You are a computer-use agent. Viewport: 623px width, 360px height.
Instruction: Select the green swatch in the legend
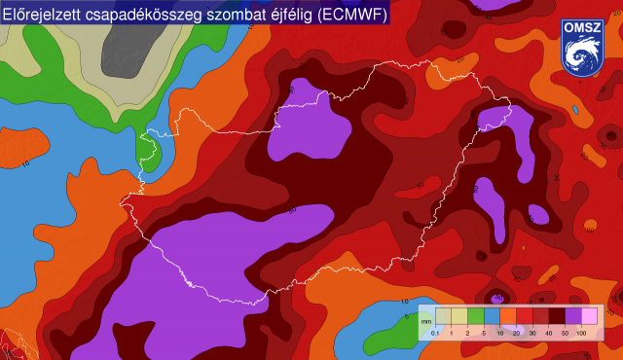click(476, 315)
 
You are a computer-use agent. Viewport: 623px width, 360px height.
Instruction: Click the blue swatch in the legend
click(493, 315)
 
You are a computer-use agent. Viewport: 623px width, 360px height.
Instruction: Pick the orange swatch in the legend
click(508, 315)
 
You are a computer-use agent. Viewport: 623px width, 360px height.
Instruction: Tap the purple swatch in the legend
click(573, 315)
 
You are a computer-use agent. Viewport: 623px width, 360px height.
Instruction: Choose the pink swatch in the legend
click(589, 315)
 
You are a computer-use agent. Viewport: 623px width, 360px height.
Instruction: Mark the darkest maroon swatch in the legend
click(557, 315)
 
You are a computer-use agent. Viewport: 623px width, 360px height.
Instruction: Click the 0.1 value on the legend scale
click(435, 334)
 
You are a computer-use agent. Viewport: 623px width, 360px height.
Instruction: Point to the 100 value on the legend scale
click(581, 334)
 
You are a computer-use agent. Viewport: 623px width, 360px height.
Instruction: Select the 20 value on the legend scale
click(516, 334)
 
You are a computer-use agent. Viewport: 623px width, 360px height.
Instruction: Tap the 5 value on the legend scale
click(484, 334)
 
